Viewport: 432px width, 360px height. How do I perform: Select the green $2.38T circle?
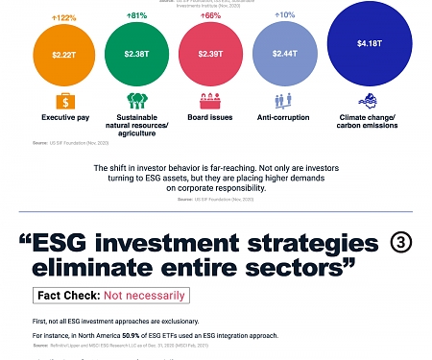134,54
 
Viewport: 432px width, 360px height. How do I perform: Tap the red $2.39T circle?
210,54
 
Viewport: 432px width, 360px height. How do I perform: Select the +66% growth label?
210,16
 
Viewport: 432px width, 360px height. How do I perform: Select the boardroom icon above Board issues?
210,100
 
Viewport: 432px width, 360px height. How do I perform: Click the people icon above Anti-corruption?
285,100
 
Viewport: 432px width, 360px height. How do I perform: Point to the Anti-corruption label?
285,117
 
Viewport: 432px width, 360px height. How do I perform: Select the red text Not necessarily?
143,296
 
